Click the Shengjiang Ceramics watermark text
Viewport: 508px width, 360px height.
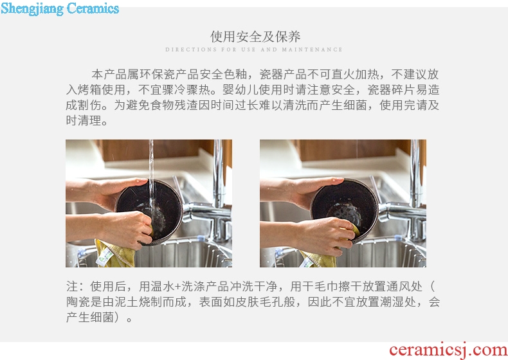[60, 8]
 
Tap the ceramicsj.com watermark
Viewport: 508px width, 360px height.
[448, 350]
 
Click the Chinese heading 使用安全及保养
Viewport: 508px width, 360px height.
[255, 37]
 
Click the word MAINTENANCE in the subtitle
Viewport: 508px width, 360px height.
[312, 50]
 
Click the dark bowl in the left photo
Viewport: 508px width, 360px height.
[149, 212]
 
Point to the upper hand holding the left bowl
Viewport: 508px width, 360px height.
[107, 191]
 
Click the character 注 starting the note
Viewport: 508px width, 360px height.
[72, 287]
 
